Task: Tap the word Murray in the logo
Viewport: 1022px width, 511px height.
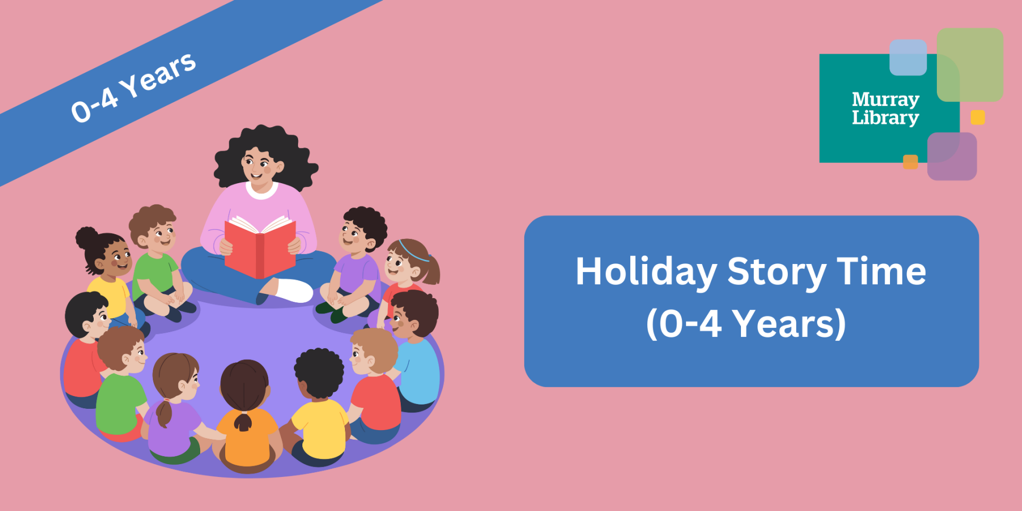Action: [885, 99]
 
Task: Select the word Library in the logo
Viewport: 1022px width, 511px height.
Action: [885, 118]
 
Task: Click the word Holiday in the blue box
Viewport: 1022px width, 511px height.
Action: [646, 272]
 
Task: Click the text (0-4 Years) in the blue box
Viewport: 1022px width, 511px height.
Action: [746, 323]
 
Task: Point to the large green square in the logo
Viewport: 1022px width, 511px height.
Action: [970, 64]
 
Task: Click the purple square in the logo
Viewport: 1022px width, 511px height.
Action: [952, 156]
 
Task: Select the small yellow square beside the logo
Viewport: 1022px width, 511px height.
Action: [977, 117]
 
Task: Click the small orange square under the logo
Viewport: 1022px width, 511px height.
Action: [910, 162]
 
